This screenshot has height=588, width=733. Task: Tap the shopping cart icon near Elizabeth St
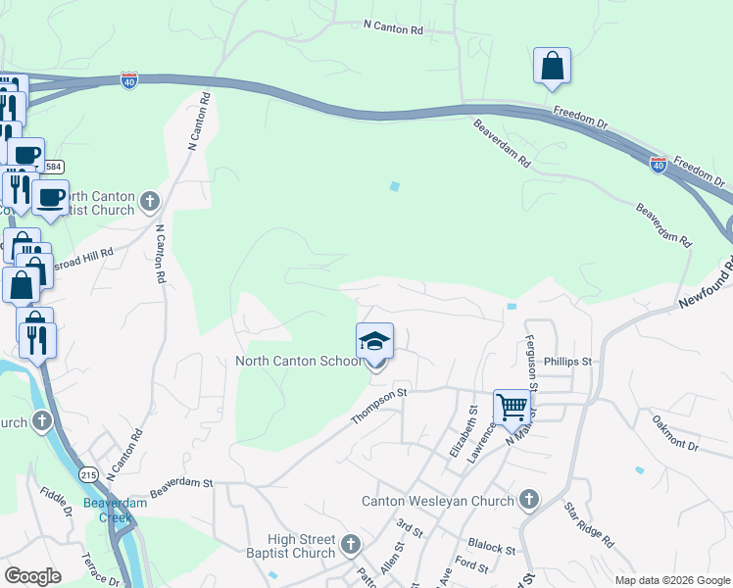(x=512, y=408)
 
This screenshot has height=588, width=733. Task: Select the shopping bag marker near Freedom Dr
(x=553, y=66)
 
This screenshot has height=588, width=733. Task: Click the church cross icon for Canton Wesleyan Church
(x=529, y=501)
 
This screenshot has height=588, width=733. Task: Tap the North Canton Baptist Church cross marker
(x=150, y=202)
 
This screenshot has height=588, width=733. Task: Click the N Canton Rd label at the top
(x=393, y=29)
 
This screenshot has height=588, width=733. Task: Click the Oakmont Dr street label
(x=675, y=431)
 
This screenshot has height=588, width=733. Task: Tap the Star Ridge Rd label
(x=589, y=525)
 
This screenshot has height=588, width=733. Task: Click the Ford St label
(x=471, y=565)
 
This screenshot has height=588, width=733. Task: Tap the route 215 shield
(x=89, y=474)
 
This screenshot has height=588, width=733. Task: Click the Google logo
(x=32, y=576)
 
